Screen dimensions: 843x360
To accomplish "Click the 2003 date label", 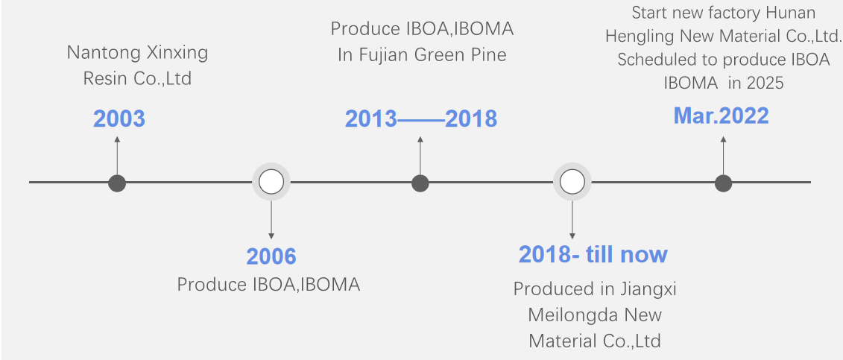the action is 119,119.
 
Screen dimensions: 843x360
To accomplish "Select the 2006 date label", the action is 271,256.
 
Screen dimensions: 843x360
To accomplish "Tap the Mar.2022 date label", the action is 721,116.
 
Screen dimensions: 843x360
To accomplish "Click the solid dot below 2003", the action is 117,183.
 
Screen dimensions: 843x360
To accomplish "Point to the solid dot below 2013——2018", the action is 420,183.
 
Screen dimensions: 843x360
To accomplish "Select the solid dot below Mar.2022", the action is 723,183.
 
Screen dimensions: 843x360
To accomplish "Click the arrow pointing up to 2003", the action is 117,155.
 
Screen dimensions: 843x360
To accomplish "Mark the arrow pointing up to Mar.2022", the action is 723,155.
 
